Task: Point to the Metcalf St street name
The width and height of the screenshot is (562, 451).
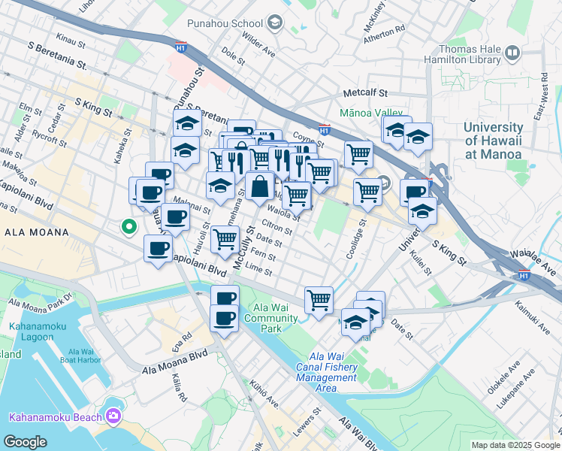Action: pos(364,94)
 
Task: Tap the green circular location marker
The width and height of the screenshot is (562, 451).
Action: pos(129,225)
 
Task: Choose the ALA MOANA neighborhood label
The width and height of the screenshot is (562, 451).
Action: pos(37,233)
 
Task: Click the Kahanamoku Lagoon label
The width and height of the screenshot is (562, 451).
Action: pos(32,331)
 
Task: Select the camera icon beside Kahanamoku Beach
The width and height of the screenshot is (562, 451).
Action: pos(113,416)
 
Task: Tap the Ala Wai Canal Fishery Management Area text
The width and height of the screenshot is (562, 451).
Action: pos(326,372)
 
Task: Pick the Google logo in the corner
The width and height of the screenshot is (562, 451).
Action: pos(26,442)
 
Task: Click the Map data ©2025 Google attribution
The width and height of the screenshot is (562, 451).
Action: pos(515,445)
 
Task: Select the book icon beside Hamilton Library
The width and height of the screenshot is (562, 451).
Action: pos(512,53)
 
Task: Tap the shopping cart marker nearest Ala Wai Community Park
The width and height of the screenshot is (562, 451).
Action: pos(319,300)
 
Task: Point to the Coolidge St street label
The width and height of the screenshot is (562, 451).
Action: pos(350,240)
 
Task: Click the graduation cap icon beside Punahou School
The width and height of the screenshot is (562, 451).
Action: pos(274,23)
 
